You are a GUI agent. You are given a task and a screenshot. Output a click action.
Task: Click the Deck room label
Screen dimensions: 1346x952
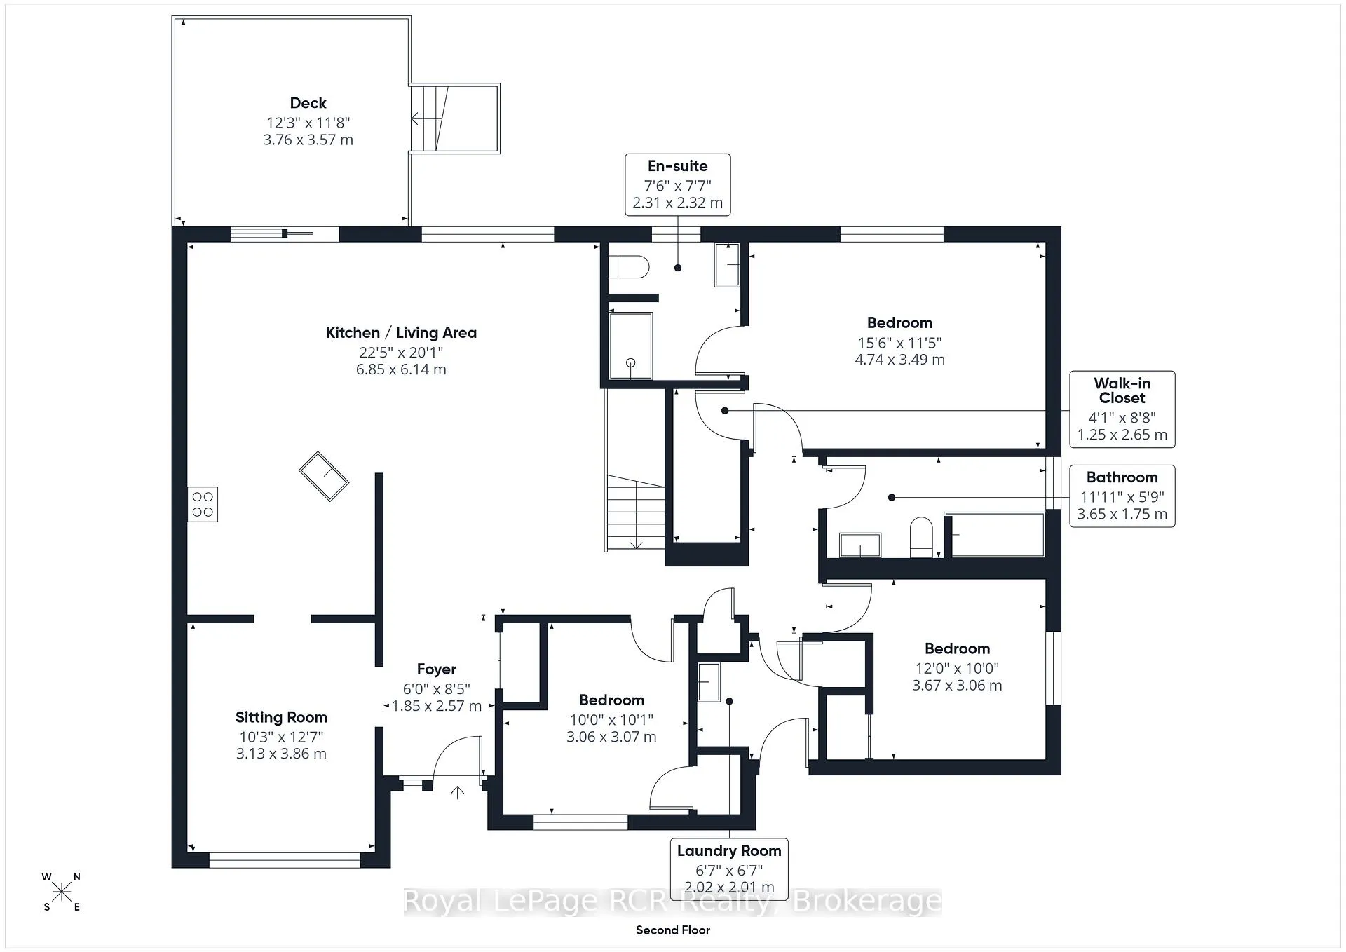tap(308, 103)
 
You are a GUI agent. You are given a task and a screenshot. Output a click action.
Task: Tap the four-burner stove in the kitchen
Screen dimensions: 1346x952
tap(203, 504)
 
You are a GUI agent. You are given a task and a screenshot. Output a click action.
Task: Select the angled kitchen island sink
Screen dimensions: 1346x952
tap(324, 476)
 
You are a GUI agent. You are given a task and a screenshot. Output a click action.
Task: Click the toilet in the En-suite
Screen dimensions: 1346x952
tap(629, 267)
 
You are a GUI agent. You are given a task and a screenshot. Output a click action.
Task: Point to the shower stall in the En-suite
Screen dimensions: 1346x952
tap(630, 346)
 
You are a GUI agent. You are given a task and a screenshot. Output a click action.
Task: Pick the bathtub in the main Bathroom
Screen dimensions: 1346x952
tap(994, 535)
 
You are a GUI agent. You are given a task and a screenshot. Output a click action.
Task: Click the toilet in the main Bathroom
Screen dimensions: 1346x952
tap(920, 538)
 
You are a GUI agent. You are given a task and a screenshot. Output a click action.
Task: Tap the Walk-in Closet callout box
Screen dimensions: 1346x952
tap(1122, 409)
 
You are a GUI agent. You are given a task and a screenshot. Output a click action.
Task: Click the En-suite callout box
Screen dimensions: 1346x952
tap(678, 185)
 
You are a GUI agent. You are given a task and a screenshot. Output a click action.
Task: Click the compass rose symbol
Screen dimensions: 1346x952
tap(62, 892)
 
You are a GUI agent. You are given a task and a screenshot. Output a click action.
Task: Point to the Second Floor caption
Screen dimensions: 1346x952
tap(673, 930)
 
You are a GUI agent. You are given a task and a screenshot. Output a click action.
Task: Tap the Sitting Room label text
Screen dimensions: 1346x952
tap(281, 717)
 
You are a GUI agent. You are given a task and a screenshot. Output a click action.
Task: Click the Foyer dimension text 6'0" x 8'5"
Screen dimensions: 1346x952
tap(436, 688)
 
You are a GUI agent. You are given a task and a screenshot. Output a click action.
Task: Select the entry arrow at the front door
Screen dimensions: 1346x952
tap(457, 793)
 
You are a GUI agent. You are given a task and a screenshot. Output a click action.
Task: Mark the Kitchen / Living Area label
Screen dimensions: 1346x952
tap(401, 333)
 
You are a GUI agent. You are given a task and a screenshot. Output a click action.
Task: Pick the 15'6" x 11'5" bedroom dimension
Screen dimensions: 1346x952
tap(899, 343)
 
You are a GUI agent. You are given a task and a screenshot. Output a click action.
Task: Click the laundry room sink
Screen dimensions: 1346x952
tap(709, 681)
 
